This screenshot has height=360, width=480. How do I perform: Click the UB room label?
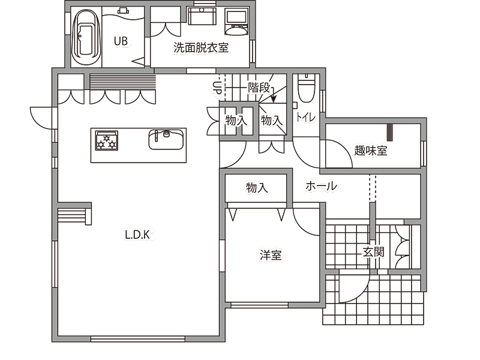coord(121,41)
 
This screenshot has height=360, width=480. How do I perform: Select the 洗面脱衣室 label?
coord(201,47)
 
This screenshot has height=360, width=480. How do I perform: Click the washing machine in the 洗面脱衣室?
coord(236,22)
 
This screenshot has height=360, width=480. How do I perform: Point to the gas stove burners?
coord(107,140)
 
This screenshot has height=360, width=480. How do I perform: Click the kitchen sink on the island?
coord(166,139)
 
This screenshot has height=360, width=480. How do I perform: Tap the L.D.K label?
coord(137,235)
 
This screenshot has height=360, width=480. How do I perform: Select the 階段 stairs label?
coord(259,88)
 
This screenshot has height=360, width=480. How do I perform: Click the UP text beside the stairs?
coord(216,87)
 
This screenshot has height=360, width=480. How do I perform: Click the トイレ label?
coord(305,117)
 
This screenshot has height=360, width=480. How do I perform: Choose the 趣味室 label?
coord(371,151)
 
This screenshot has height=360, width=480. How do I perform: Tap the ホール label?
coord(322,186)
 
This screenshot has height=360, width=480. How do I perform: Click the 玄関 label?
coord(373,252)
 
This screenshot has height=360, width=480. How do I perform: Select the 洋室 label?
coord(271,255)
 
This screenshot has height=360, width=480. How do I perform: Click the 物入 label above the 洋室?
coord(257,187)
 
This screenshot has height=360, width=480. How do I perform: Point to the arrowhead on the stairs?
coord(274,99)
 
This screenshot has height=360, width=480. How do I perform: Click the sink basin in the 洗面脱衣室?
coord(202,16)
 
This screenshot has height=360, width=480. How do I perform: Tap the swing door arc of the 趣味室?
coord(343,147)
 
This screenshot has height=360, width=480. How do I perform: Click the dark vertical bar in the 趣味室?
coord(390,132)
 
